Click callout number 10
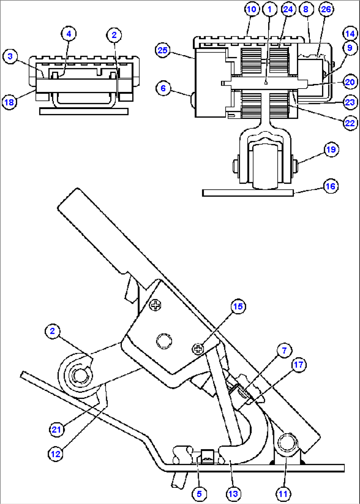[x=252, y=9]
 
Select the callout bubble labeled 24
[x=288, y=9]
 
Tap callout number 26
[x=326, y=9]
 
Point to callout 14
[x=350, y=33]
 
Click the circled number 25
[x=162, y=50]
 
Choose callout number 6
[x=163, y=88]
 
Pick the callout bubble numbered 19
[x=331, y=149]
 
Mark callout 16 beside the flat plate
[x=330, y=186]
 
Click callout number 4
[x=69, y=33]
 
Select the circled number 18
[x=9, y=102]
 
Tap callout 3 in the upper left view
[x=10, y=56]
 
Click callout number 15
[x=238, y=306]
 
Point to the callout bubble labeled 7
[x=284, y=350]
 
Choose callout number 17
[x=299, y=365]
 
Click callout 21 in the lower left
[x=56, y=429]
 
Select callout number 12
[x=55, y=454]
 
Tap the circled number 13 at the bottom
[x=233, y=494]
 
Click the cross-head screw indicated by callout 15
[x=198, y=349]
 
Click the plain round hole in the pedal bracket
[x=164, y=341]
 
